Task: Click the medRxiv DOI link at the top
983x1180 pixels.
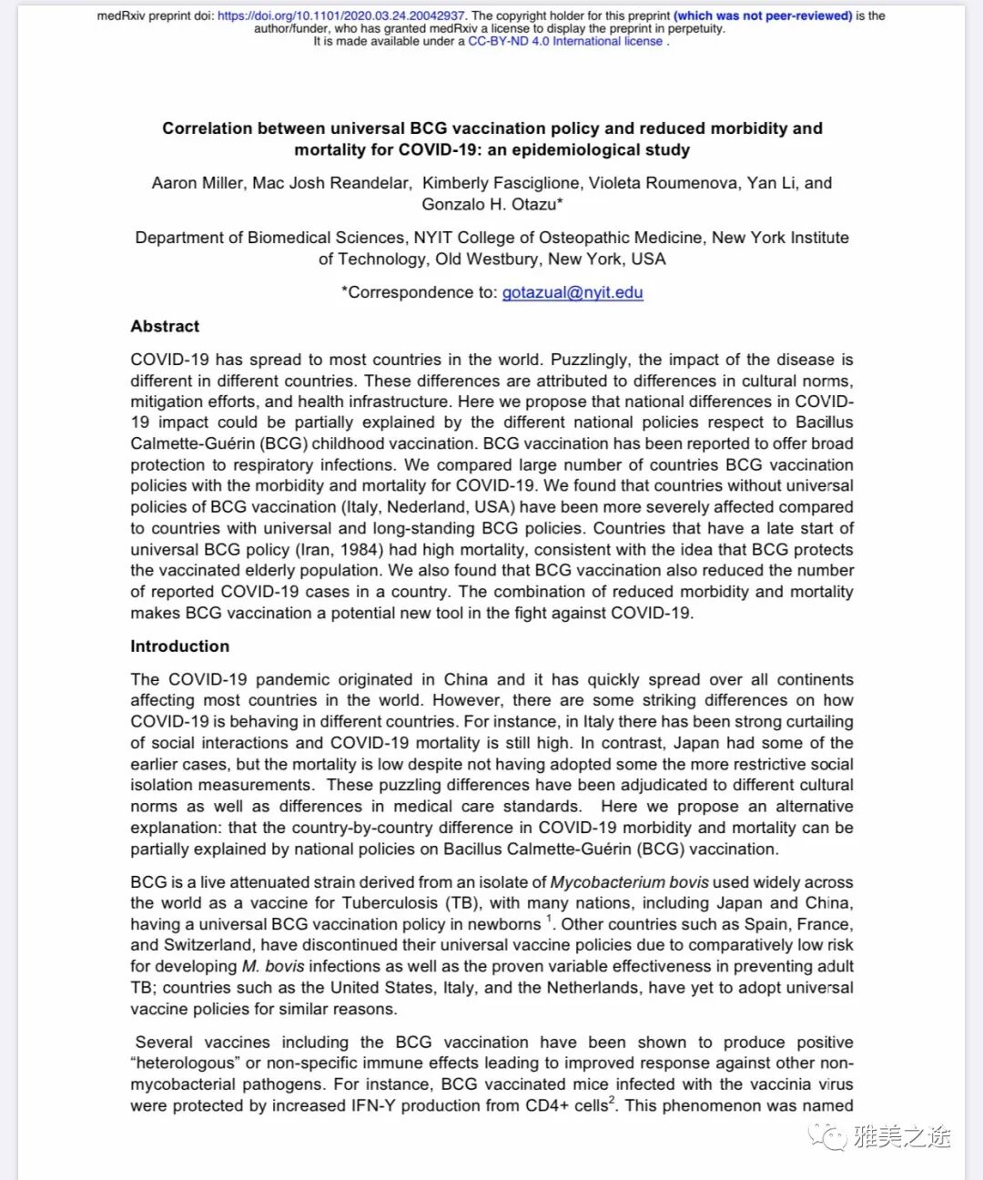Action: click(341, 16)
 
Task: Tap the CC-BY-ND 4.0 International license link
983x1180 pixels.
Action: click(565, 41)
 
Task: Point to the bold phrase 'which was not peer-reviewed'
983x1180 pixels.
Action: click(763, 16)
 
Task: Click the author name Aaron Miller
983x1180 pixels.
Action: click(198, 183)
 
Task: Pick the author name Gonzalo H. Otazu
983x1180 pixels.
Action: click(491, 204)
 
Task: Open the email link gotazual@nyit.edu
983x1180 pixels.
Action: click(573, 292)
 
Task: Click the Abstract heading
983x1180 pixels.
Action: click(165, 326)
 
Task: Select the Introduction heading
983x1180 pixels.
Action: click(179, 646)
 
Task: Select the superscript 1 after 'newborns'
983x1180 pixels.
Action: click(550, 920)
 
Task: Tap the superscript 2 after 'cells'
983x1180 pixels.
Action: click(612, 1101)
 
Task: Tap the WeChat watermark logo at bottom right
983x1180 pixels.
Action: click(828, 1136)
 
